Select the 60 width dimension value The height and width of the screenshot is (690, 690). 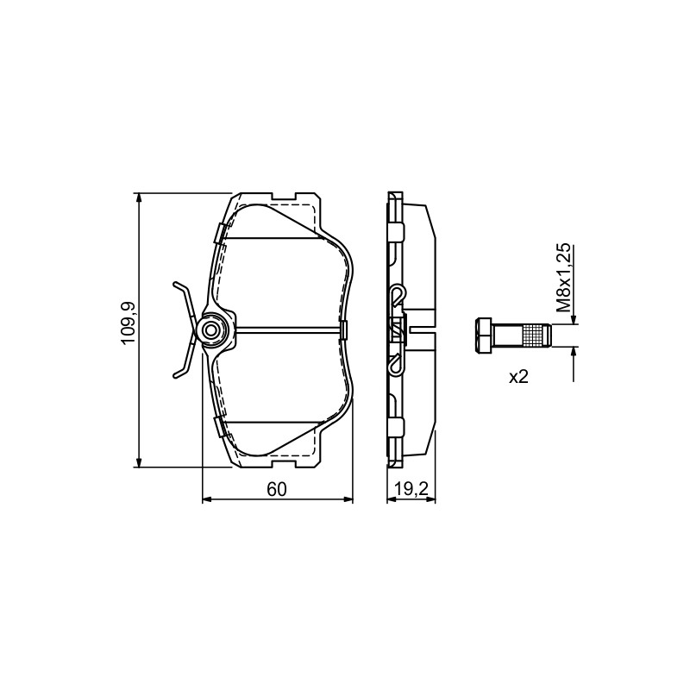click(277, 489)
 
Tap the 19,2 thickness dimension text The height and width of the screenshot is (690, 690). click(411, 489)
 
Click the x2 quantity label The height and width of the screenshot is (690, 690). click(518, 377)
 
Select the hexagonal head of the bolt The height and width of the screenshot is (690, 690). click(483, 335)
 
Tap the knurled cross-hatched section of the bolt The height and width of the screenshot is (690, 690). click(532, 335)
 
